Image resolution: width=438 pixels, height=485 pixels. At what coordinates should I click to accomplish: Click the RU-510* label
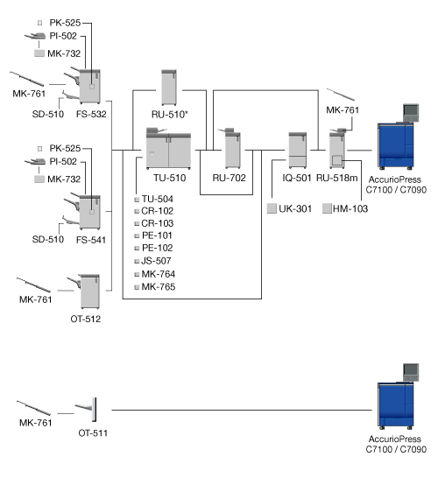[x=170, y=115]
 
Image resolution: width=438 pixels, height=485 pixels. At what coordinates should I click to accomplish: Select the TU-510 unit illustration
[x=168, y=148]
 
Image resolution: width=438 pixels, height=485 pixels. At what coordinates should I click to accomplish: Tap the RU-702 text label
[x=229, y=178]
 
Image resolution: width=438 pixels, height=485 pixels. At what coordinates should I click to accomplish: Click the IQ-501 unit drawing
[x=298, y=151]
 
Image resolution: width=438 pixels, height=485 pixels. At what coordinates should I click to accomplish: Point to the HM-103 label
[x=350, y=208]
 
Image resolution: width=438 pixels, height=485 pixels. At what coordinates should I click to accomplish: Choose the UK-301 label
[x=295, y=208]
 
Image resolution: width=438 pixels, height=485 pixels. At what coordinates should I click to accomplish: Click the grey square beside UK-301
[x=272, y=208]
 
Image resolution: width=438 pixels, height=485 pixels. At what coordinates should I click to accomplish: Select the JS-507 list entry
[x=156, y=261]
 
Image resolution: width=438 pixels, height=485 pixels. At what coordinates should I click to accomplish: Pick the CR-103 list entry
[x=158, y=223]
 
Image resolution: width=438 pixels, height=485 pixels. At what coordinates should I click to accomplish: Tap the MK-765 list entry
[x=159, y=287]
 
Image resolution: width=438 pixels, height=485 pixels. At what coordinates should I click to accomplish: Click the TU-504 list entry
[x=158, y=199]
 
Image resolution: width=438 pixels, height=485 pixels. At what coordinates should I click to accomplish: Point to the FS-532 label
[x=91, y=114]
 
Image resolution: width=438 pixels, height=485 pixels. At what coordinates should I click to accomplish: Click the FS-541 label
[x=91, y=240]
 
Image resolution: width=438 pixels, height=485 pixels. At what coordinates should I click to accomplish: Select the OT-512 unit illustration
[x=89, y=291]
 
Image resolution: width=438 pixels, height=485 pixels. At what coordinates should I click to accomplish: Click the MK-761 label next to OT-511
[x=36, y=423]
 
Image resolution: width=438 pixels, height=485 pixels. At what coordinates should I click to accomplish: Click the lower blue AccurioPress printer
[x=396, y=405]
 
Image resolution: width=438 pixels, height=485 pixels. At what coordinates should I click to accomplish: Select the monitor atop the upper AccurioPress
[x=411, y=112]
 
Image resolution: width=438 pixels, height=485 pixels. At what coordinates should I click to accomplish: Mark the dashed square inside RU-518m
[x=337, y=160]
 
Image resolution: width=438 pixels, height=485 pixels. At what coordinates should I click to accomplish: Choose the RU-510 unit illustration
[x=169, y=88]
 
